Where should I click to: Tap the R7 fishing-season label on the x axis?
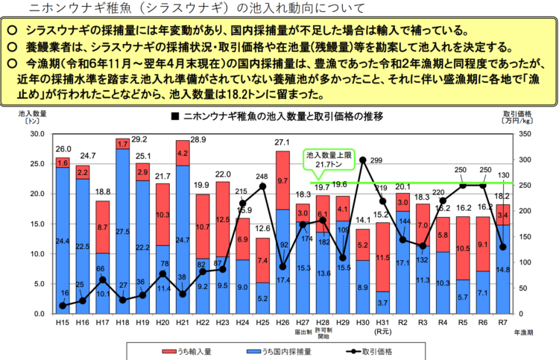pyautogui.click(x=503, y=321)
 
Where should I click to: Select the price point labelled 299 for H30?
pyautogui.click(x=362, y=160)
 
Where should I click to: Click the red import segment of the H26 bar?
pyautogui.click(x=282, y=180)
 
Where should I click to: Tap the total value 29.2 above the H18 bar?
pyautogui.click(x=139, y=139)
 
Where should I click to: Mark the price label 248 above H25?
pyautogui.click(x=262, y=177)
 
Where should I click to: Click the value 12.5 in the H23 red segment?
pyautogui.click(x=222, y=220)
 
